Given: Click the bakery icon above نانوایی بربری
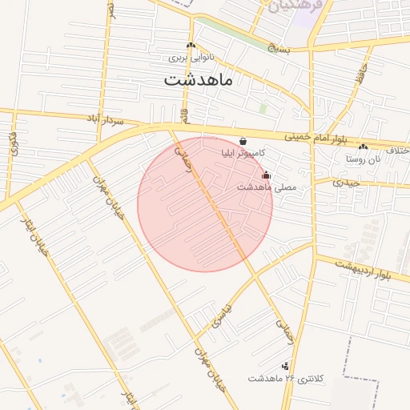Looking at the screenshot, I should [191, 46].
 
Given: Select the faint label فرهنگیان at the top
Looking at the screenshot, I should [295, 6].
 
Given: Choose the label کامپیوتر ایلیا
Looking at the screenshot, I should [244, 152].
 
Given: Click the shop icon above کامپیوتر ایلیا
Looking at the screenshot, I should [243, 141].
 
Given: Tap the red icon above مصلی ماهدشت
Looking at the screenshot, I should [267, 175].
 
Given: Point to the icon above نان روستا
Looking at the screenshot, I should [364, 147].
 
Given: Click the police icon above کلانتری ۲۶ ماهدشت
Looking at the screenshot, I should [285, 366].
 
